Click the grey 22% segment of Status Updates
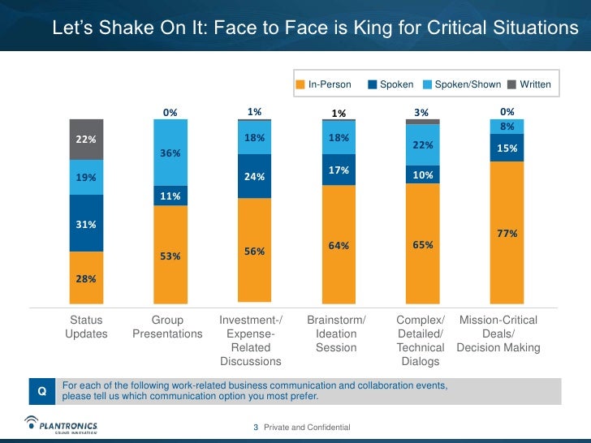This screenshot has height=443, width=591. [x=86, y=140]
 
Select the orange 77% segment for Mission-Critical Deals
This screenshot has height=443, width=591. [x=507, y=234]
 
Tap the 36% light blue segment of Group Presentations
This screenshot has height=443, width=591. [x=170, y=153]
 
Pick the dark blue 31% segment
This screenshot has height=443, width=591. [x=86, y=223]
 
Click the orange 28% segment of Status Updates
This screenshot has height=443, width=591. [x=86, y=279]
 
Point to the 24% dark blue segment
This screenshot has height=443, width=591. [x=255, y=176]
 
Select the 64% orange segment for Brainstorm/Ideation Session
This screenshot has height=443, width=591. [x=339, y=246]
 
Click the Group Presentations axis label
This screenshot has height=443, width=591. [x=167, y=327]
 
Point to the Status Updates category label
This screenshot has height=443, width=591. [x=86, y=327]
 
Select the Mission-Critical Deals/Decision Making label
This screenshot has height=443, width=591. [x=498, y=334]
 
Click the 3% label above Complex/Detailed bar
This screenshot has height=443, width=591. [x=421, y=113]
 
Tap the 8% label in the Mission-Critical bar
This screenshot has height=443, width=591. [x=507, y=127]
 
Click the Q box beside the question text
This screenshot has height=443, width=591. [x=42, y=391]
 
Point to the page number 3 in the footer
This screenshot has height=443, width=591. [x=256, y=427]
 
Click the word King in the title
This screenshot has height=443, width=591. [x=370, y=29]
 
